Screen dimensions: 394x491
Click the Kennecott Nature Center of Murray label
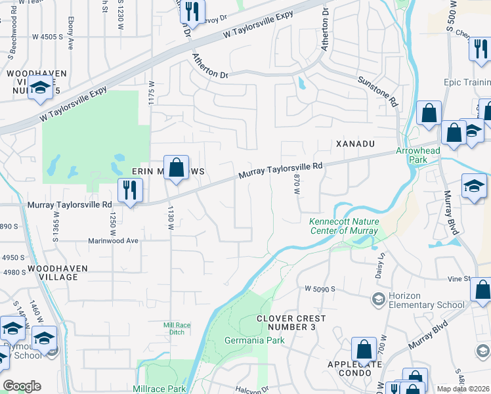(343, 226)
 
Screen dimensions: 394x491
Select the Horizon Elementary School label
(427, 300)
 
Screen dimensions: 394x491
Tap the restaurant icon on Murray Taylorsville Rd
(130, 191)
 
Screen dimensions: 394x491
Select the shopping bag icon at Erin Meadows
(176, 167)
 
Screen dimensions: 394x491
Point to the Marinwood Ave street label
(114, 240)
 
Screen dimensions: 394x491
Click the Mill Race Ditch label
(172, 328)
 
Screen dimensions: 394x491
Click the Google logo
(22, 386)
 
